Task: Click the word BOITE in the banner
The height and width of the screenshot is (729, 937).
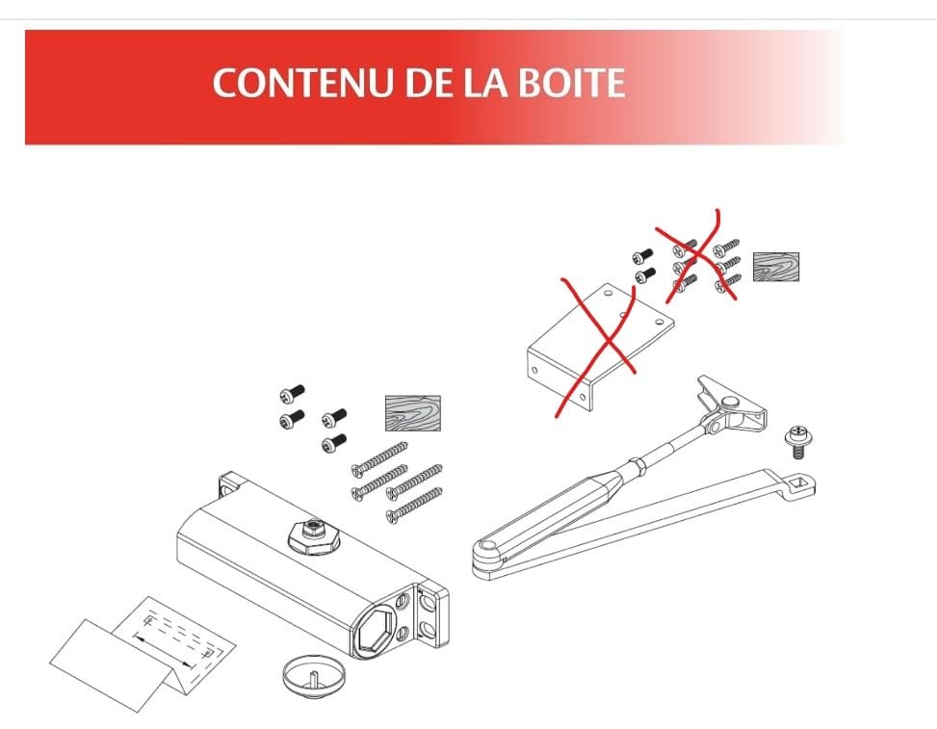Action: point(571,82)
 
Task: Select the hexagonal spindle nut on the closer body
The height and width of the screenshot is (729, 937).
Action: point(314,535)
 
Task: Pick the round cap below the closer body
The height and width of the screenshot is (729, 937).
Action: point(314,677)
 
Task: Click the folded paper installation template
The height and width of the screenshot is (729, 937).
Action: point(143,653)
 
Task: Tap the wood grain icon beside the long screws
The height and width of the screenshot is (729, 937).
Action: point(413,413)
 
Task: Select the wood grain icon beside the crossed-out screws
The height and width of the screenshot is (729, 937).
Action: point(775,267)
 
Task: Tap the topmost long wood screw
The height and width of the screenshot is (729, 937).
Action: point(380,459)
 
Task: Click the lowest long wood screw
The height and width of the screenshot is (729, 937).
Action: point(414,506)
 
